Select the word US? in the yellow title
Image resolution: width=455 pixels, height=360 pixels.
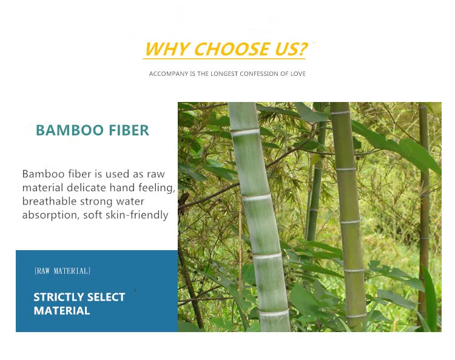pos(291,49)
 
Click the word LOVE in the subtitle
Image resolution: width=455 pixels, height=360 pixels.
pos(298,73)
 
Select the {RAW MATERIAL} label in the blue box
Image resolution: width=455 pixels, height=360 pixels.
pos(62,271)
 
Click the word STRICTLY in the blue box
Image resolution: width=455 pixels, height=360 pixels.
pos(58,297)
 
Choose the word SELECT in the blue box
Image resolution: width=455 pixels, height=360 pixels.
pos(106,297)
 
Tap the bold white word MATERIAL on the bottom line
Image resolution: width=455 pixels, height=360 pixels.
pos(62,311)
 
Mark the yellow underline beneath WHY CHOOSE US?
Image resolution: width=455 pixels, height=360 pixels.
pos(224,59)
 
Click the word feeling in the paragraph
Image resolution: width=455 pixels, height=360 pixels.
pos(157,188)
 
